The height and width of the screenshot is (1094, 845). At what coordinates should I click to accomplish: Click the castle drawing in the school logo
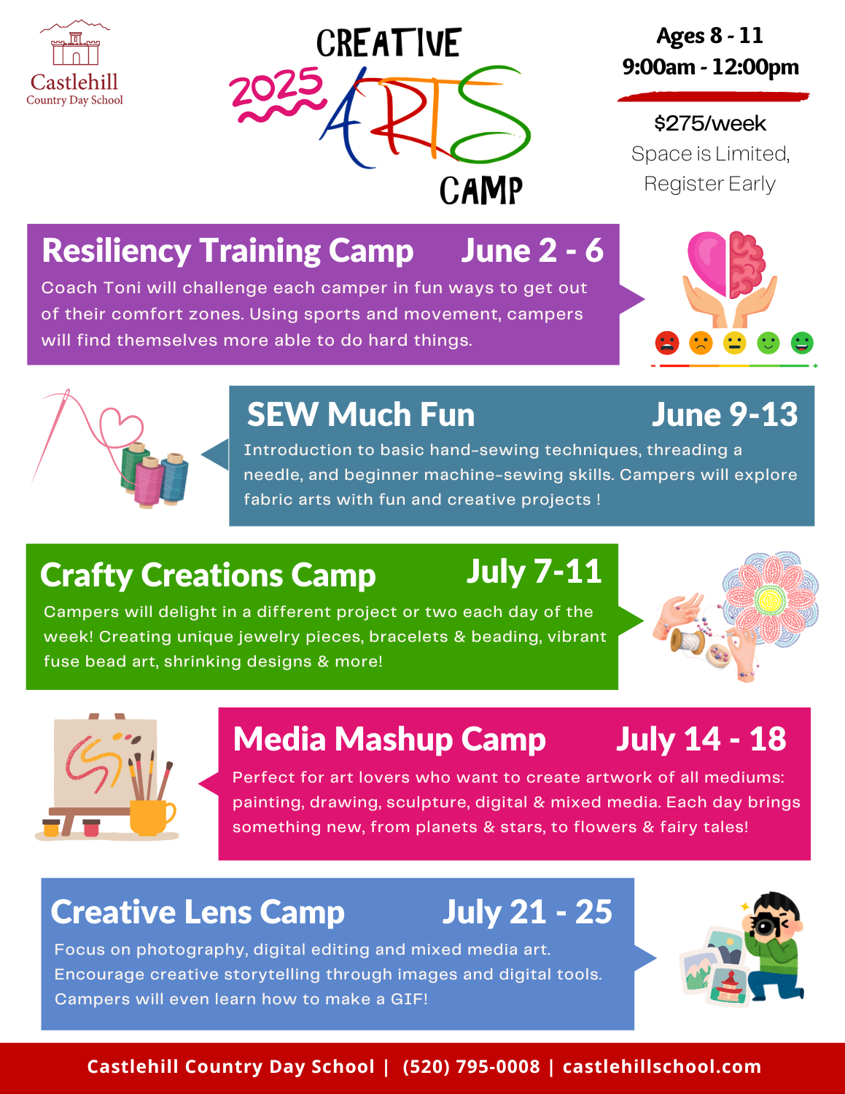pos(76,49)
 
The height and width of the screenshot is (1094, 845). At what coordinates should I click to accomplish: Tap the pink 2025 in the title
pos(276,87)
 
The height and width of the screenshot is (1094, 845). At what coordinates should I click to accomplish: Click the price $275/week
pos(709,124)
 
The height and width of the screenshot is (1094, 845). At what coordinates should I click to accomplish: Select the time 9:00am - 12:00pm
pos(710,67)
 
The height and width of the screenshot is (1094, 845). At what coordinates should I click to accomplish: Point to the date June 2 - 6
pos(532,250)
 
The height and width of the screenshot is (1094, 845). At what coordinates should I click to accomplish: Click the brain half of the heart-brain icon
pos(747,264)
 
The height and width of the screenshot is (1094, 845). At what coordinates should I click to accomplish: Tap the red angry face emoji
pos(667,343)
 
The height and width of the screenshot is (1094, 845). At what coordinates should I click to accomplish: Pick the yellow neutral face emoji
pos(734,343)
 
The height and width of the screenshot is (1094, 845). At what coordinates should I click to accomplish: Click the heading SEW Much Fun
pos(361,414)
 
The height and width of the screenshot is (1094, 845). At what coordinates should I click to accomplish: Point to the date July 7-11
pos(534,572)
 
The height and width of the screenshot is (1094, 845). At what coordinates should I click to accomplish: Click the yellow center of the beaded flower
pos(769,600)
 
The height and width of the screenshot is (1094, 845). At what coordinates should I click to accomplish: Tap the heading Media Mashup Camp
pos(389,740)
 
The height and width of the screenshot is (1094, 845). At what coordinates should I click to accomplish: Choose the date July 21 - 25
pos(527,912)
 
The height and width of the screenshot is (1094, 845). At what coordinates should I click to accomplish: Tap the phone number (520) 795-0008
pos(471,1066)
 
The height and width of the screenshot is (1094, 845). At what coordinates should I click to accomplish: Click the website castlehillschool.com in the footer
pos(662,1066)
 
